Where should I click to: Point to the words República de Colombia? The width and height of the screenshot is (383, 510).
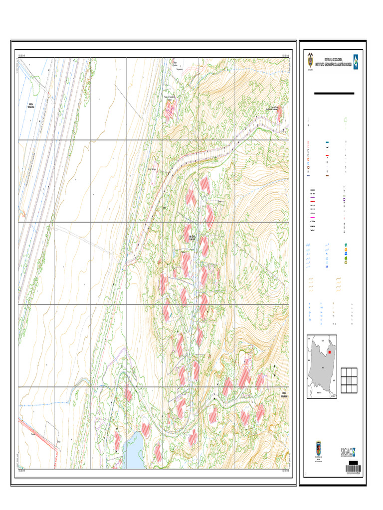(333, 59)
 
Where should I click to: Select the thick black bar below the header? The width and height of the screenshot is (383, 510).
(334, 93)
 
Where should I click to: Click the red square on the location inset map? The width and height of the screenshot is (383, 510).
(330, 352)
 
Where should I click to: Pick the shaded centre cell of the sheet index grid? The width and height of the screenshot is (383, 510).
(349, 380)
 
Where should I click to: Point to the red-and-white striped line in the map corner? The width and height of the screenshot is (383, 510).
(37, 433)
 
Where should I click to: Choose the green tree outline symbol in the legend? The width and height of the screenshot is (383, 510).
(348, 119)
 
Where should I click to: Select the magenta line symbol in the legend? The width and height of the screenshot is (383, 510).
(313, 218)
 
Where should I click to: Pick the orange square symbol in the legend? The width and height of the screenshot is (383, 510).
(345, 250)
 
